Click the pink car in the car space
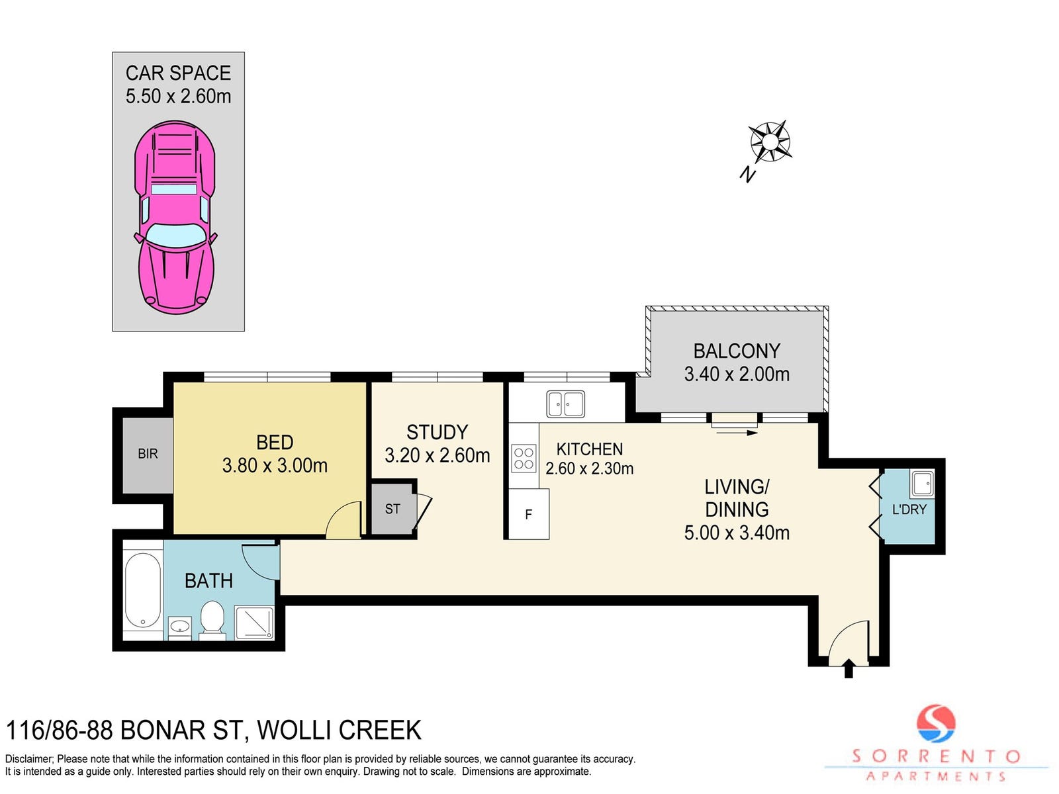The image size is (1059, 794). coord(175,218)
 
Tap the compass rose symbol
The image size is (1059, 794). coord(770,142)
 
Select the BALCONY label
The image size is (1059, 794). coord(736,351)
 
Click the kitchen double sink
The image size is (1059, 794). coord(565,404)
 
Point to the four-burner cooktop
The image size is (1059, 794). coord(524,459)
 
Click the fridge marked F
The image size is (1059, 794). coord(529,514)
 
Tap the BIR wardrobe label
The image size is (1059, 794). coord(148,454)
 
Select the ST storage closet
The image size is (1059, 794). coord(393,509)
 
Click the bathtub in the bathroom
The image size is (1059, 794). coord(143,591)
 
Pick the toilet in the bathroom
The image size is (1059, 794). coord(212,620)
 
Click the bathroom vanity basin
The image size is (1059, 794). coord(181,628)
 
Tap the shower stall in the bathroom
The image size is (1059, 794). coord(253,623)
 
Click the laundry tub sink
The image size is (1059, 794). coord(922,484)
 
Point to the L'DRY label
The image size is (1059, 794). coord(909,509)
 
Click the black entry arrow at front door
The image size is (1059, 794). coord(849,670)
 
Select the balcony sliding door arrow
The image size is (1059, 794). coord(737,433)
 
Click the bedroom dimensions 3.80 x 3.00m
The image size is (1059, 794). coord(275,466)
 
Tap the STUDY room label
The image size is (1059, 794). coord(437,433)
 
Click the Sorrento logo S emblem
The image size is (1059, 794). coord(936,724)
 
